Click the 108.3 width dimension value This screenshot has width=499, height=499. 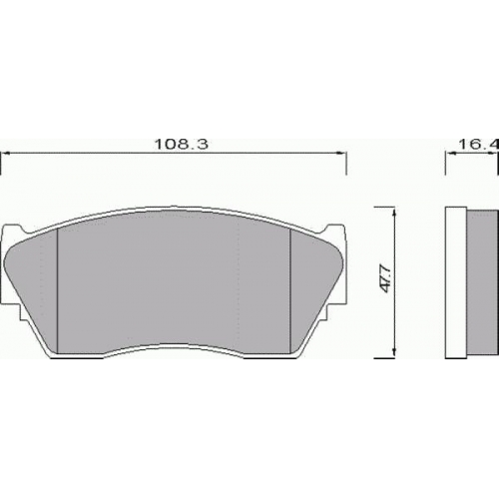point(182,144)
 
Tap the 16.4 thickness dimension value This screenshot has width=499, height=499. point(479,144)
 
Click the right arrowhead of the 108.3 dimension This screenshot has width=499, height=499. point(342,154)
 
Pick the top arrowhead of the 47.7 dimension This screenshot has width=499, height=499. point(394,213)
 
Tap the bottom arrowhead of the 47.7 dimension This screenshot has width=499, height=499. point(394,353)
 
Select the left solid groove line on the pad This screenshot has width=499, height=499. point(58,290)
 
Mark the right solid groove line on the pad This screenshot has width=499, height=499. point(290,290)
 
